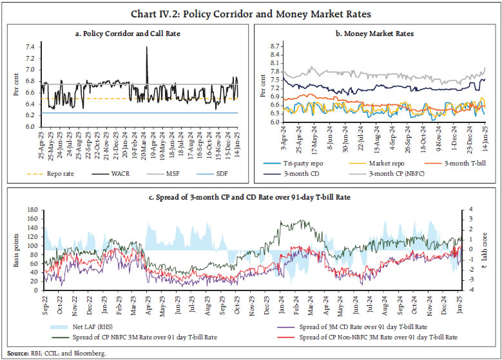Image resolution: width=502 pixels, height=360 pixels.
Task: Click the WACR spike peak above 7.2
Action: [x=147, y=48]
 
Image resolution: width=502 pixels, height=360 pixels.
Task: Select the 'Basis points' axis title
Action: [x=17, y=249]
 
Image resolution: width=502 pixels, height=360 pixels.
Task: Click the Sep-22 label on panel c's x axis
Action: [x=46, y=300]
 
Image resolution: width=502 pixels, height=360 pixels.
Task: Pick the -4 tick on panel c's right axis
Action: [x=471, y=290]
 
